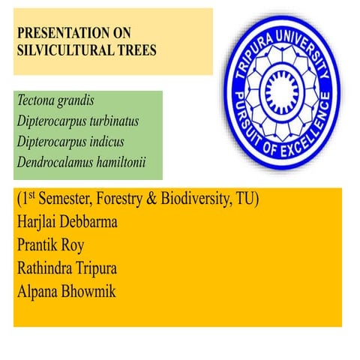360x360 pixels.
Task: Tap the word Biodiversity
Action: point(219,201)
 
